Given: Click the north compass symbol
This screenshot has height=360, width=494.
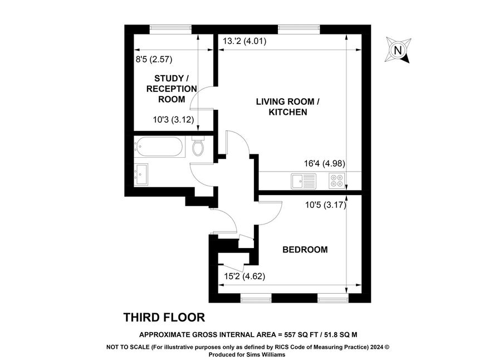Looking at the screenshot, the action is pos(398,50).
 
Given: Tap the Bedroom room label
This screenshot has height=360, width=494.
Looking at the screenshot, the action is pos(305,250).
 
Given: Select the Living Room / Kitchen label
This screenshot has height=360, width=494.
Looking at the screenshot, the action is pos(287,107).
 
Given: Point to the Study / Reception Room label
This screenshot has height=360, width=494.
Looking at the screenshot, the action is pos(172,89).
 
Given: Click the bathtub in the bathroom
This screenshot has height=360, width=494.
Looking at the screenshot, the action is pos(159,147).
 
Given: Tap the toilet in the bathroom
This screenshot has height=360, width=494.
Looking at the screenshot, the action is pos(198,146).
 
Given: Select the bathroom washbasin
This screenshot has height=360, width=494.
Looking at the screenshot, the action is pos(141,174).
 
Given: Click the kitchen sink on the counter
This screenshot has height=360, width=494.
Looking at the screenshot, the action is pos(304,181).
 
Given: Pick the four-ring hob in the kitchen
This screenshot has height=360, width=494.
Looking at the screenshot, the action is pos(336,181).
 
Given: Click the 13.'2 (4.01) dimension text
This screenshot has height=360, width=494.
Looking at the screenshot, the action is pos(244,41).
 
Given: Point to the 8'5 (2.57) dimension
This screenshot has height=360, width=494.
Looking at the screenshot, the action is pos(154,59).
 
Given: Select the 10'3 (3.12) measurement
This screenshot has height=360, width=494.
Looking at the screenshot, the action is pos(173,119).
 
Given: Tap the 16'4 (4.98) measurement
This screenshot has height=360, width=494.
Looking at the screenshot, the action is pos(325,163).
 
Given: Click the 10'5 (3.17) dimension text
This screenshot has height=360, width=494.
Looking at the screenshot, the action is pos(326,205).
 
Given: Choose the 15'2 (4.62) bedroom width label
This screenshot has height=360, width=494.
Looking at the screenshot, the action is pos(244,276).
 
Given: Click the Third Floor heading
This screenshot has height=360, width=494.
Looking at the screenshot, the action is pos(164,318).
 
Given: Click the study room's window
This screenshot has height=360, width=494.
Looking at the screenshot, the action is pos(170,30).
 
